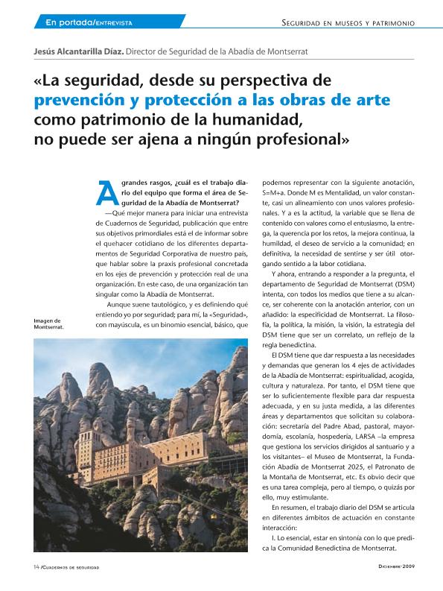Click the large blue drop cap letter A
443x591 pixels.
(x=108, y=193)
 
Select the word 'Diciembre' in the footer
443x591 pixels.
(x=393, y=567)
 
